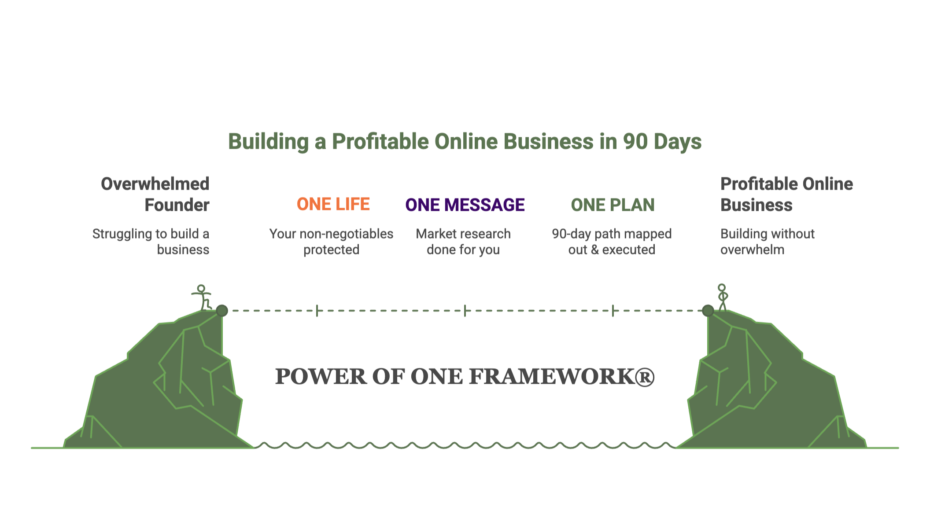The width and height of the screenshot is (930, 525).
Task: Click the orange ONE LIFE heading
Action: point(333,204)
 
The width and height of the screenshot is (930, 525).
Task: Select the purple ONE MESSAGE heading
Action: point(465,205)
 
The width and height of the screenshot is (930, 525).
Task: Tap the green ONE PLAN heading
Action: point(613,205)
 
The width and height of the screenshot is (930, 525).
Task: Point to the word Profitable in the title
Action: point(380,142)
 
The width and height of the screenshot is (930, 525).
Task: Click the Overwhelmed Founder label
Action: point(155,195)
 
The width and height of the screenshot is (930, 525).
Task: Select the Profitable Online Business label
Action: point(786,195)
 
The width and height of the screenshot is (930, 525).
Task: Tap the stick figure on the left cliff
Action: point(202,297)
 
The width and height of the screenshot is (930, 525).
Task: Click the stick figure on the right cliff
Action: point(722,297)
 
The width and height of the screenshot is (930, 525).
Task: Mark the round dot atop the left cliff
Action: point(222,311)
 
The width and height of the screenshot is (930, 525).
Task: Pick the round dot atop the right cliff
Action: point(708,311)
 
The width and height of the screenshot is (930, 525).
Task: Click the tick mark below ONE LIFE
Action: point(317,311)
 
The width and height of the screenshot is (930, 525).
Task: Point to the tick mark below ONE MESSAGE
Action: point(465,311)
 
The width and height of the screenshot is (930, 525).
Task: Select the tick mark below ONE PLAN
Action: point(613,311)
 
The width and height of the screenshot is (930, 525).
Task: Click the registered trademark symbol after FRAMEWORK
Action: point(644,377)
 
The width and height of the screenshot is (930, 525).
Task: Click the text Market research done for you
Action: point(463,242)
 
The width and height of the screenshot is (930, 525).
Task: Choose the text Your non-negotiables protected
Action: point(331,242)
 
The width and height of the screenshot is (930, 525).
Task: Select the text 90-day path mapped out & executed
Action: point(612,242)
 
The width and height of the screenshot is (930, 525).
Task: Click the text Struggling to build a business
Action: point(151,242)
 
